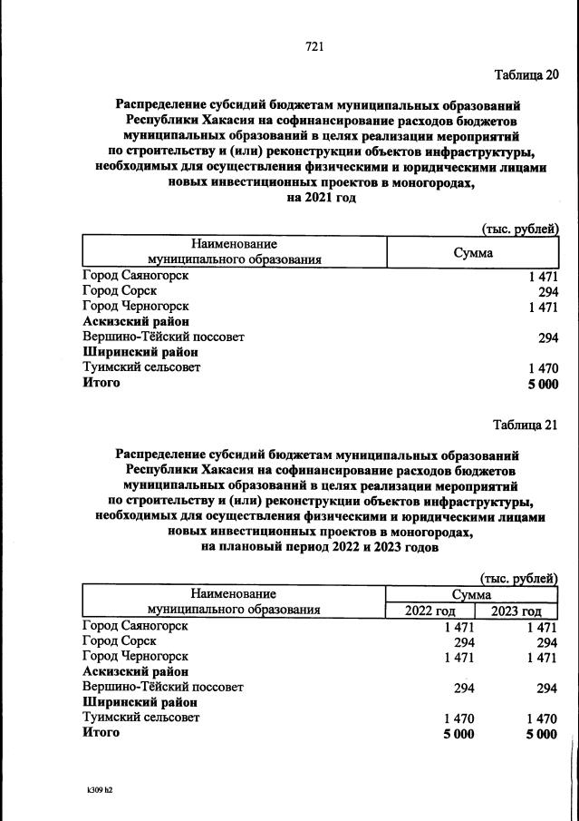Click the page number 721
(x=314, y=46)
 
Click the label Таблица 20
(x=526, y=73)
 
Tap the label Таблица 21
(x=526, y=424)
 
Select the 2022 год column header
(x=431, y=611)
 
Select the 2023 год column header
(x=516, y=611)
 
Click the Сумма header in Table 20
(x=473, y=252)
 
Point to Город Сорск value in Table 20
(x=547, y=291)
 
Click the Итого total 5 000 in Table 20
(x=542, y=384)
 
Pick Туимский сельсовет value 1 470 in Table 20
(x=543, y=368)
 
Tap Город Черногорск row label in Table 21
(x=135, y=656)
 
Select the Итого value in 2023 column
(x=541, y=734)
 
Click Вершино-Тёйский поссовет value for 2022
(x=462, y=688)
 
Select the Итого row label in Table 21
(x=101, y=733)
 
